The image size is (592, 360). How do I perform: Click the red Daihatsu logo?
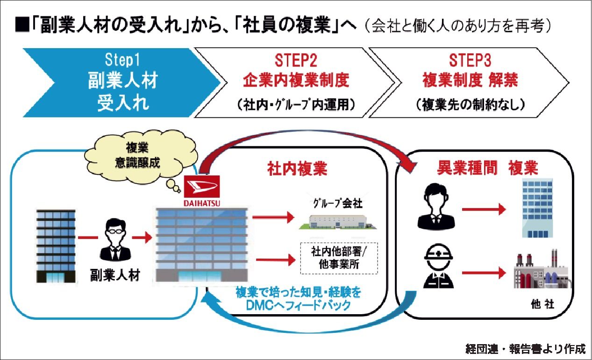pyautogui.click(x=202, y=187)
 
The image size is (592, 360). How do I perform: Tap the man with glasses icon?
pyautogui.click(x=114, y=239)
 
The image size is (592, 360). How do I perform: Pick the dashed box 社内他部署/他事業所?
pyautogui.click(x=339, y=258)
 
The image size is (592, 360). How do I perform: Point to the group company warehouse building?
pyautogui.click(x=337, y=222)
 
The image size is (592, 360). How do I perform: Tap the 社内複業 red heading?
pyautogui.click(x=297, y=169)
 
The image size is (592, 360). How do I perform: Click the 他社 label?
pyautogui.click(x=542, y=304)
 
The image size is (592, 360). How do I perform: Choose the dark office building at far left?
pyautogui.click(x=56, y=245)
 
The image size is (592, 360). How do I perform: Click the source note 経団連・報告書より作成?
pyautogui.click(x=525, y=348)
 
